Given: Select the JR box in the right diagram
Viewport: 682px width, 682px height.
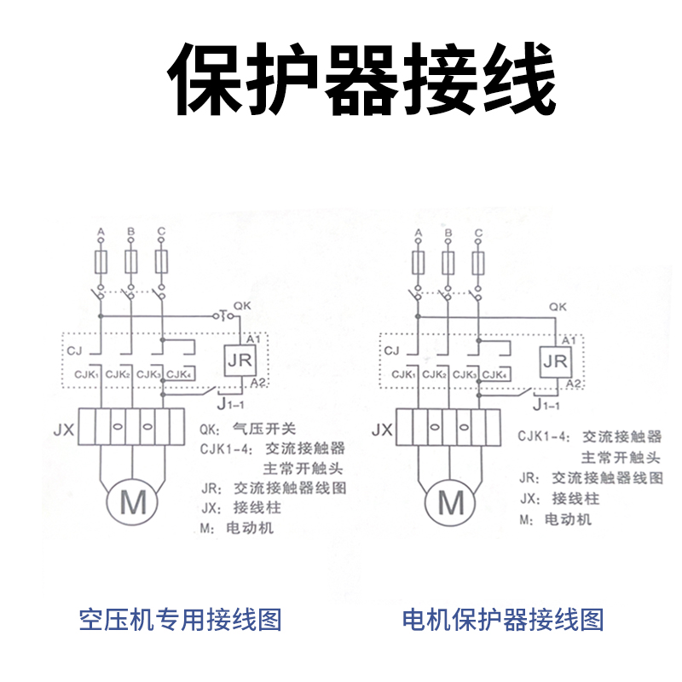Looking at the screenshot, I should click(x=555, y=361).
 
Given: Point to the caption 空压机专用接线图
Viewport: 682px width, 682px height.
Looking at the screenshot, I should click(x=180, y=620).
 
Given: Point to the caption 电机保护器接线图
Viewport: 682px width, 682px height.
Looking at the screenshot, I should click(x=503, y=620).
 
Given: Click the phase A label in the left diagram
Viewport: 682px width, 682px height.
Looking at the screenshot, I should click(x=101, y=232).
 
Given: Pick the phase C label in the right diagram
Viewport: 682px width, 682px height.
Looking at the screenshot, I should click(x=478, y=232).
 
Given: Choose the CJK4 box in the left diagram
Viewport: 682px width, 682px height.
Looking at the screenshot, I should click(x=178, y=375).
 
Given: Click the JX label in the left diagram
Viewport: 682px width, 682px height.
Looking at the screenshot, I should click(x=64, y=431).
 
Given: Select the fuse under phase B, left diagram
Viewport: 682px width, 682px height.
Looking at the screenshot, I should click(x=130, y=261).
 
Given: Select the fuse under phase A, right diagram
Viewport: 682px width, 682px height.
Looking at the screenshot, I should click(x=419, y=261).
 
